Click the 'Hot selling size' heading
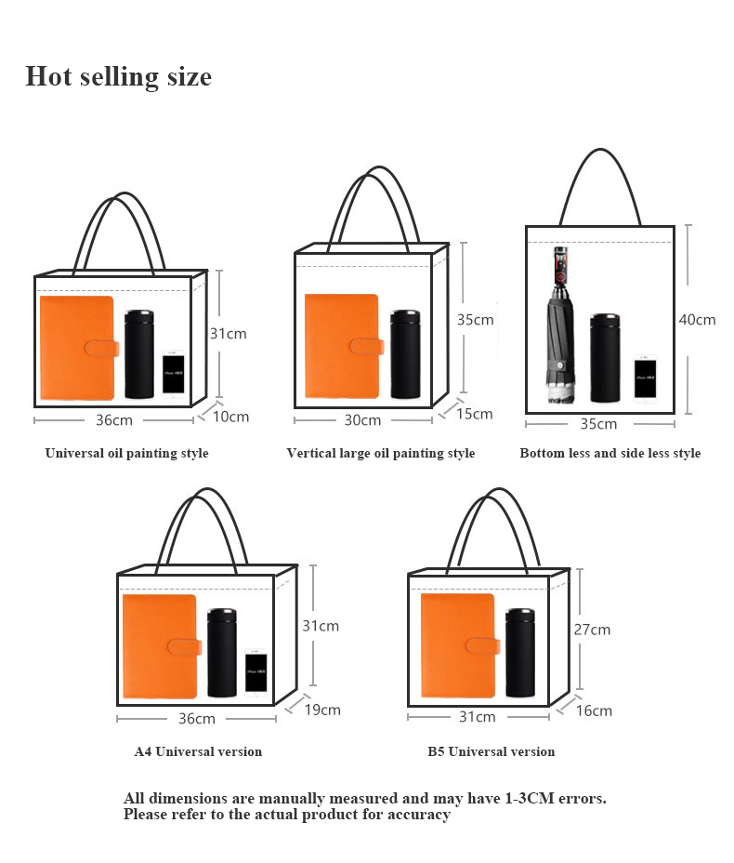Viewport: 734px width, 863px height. [118, 76]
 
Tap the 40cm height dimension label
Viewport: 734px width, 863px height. [697, 319]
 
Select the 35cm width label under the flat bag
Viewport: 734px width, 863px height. [598, 424]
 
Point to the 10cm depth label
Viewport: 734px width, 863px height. [230, 417]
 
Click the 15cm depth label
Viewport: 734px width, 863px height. [474, 414]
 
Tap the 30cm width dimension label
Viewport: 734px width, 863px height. [362, 420]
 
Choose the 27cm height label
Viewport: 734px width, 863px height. [592, 630]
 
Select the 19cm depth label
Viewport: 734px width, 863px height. [322, 710]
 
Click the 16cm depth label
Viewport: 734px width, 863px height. [594, 710]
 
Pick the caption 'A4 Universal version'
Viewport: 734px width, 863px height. [198, 751]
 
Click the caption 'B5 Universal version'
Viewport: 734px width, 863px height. [491, 751]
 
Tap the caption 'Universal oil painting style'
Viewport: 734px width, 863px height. [127, 454]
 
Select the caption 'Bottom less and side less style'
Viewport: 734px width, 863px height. [609, 454]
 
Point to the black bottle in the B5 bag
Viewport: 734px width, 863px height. [520, 653]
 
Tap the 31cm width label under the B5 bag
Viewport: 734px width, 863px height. [477, 717]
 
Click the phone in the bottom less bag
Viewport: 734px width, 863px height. [646, 378]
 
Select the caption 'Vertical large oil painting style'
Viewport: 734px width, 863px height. [380, 454]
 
